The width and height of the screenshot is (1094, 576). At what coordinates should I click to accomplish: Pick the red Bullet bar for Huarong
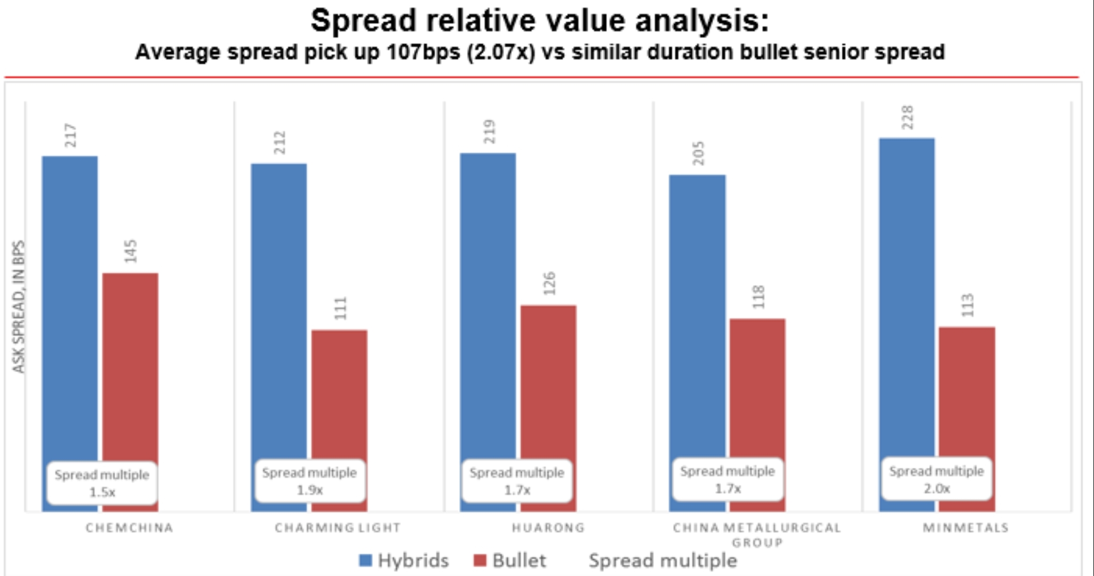point(548,379)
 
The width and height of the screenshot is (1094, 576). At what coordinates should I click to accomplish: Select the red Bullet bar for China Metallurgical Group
point(757,384)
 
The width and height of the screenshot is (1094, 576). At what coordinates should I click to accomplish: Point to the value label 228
point(907,117)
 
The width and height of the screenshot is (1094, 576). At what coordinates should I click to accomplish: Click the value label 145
point(131,251)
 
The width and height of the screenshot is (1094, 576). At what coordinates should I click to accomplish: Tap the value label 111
point(340,308)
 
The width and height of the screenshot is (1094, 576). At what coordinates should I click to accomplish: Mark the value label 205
point(698,153)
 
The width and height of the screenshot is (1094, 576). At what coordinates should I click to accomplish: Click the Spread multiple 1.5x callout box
point(102,483)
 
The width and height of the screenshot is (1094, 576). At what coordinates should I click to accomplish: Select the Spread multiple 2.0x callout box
point(937,479)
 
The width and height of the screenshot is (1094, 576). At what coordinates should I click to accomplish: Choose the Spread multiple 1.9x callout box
point(309,481)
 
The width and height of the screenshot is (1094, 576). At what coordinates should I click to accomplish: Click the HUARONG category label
point(548,528)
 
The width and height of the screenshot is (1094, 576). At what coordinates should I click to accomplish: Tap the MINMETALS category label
point(966,528)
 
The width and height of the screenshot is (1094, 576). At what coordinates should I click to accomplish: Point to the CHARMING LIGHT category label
point(338,528)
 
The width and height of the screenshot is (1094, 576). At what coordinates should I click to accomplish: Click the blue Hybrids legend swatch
point(365,561)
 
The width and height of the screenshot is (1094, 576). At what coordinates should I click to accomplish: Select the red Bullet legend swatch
point(480,561)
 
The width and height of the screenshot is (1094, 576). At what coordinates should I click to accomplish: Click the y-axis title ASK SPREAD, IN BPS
point(19,307)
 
